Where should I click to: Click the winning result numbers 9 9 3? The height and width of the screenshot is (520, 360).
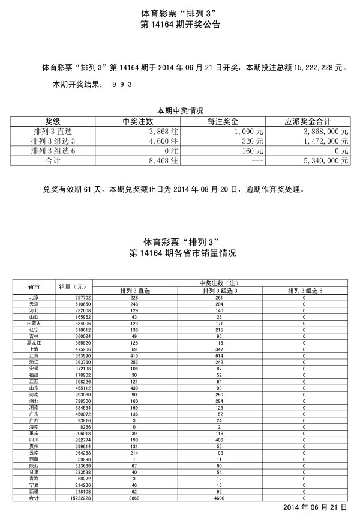(x=122, y=85)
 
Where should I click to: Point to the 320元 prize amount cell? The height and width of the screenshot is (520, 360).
(x=253, y=141)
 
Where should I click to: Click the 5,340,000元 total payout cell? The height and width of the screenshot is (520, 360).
(x=326, y=161)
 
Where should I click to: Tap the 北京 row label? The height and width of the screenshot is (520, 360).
(x=34, y=298)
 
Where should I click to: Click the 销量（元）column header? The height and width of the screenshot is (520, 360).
(x=73, y=286)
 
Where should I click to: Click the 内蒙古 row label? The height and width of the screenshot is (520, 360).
(x=34, y=323)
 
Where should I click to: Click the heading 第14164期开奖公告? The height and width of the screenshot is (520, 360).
(x=179, y=25)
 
